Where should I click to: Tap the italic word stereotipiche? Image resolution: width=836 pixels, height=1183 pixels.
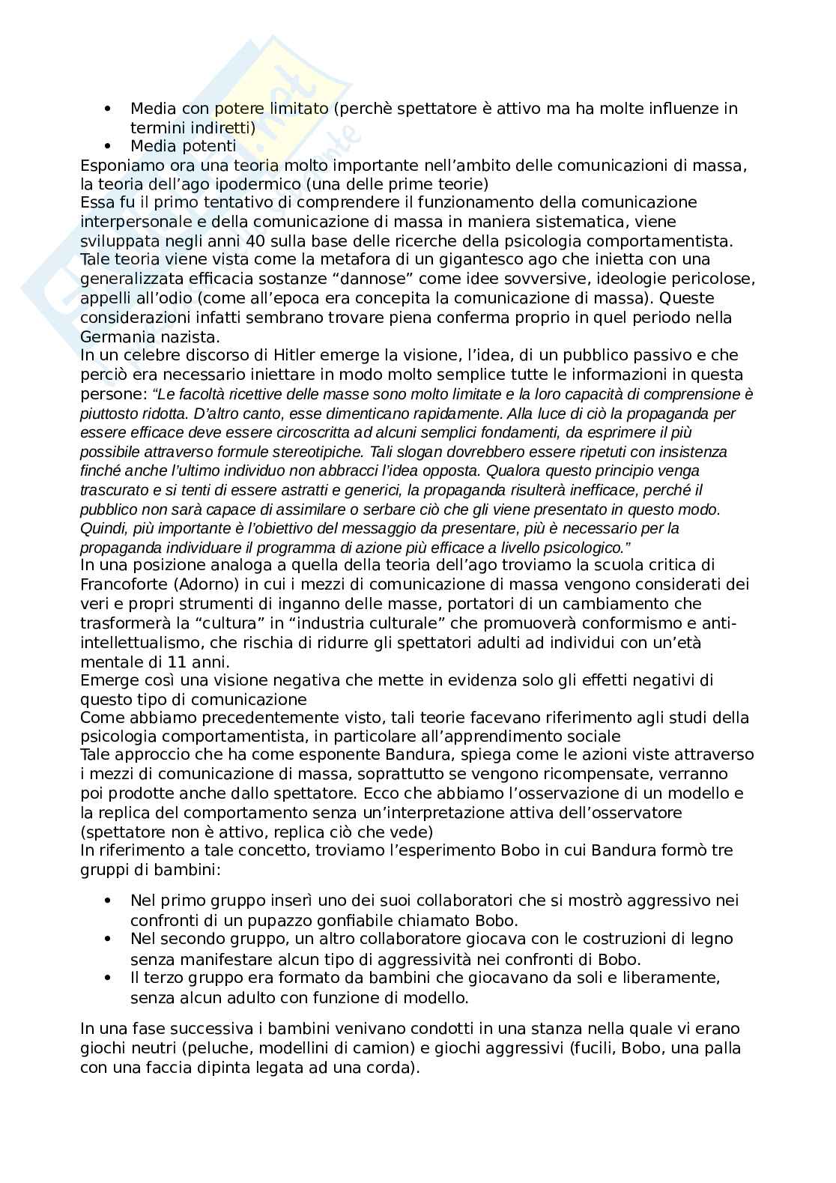320,452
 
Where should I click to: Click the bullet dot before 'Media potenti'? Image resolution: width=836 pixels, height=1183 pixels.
109,146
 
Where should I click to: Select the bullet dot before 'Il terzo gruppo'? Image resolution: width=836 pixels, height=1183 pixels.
109,978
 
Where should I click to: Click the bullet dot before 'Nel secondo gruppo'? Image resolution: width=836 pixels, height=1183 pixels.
109,939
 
